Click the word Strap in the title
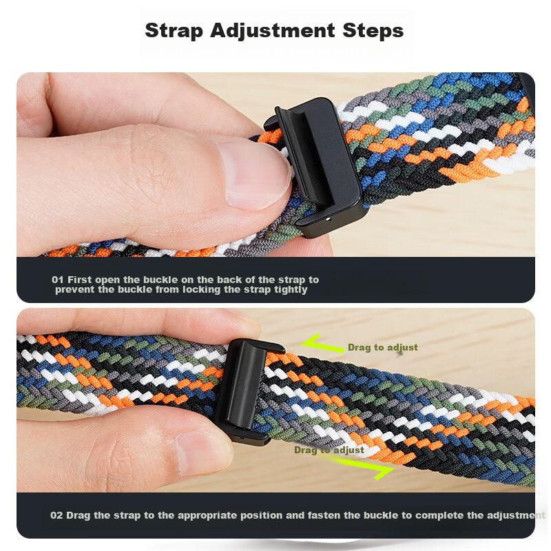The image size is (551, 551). point(174,31)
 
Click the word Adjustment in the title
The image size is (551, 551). point(272,31)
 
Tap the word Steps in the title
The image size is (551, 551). point(373,31)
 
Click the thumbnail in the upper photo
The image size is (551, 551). point(256,175)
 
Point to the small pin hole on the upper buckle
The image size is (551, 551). point(328,219)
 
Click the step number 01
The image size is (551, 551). point(58,280)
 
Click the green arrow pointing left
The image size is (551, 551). point(322,344)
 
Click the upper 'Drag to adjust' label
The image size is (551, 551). point(383,348)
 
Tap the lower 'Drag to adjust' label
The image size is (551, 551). point(329,450)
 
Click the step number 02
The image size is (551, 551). point(56,515)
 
